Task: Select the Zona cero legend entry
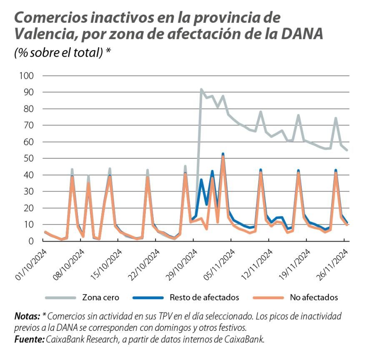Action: [100, 297]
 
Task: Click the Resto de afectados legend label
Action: [204, 297]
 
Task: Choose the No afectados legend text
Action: [314, 297]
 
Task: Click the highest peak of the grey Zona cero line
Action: [201, 89]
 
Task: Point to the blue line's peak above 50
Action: [223, 154]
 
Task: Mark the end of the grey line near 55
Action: [347, 150]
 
